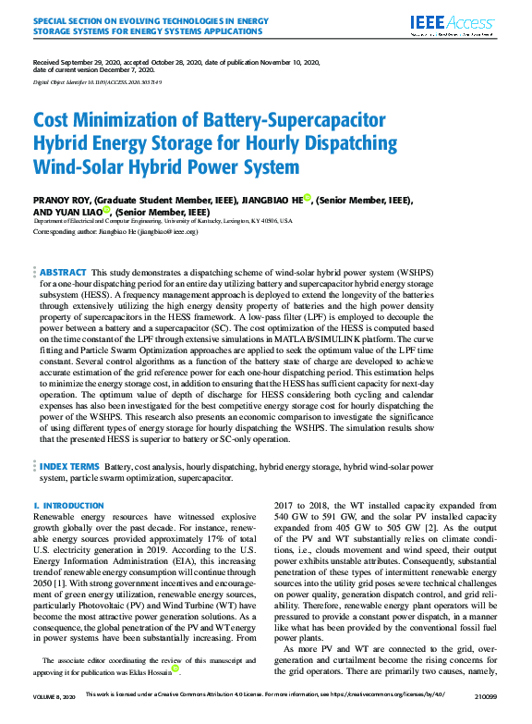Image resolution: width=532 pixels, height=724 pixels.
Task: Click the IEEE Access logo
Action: click(457, 25)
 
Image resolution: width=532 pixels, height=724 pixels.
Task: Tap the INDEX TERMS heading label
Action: click(70, 467)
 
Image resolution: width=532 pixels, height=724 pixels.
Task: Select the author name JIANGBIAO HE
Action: click(272, 200)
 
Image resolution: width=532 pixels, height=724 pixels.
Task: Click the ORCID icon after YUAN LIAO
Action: click(106, 210)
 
